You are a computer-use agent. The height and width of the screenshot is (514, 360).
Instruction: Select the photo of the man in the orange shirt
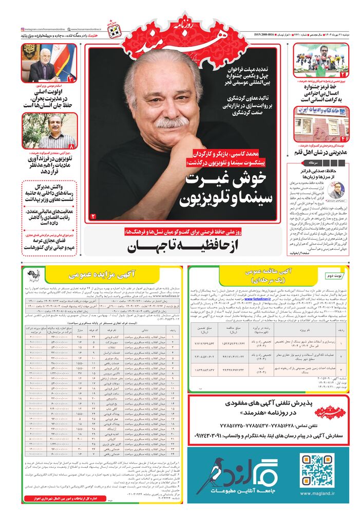click(49, 131)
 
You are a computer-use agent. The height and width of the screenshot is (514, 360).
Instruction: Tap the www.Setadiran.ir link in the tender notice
click(256, 299)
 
